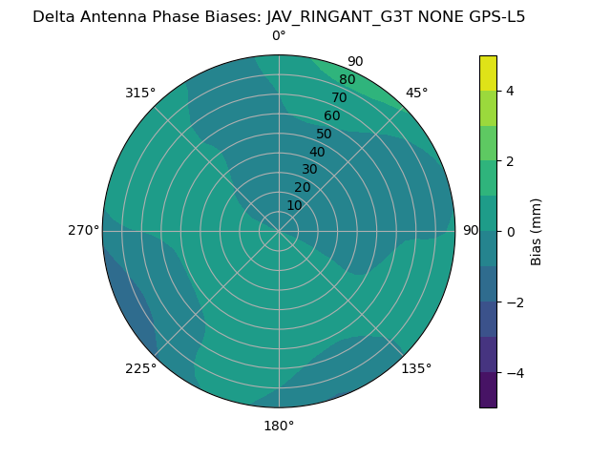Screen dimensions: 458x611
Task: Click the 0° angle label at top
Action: [279, 36]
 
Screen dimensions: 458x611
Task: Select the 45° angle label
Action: [416, 93]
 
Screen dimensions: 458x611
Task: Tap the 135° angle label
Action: [416, 368]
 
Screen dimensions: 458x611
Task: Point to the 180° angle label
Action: [279, 426]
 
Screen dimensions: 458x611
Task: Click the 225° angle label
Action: [140, 368]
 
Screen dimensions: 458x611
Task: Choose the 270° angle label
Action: [83, 230]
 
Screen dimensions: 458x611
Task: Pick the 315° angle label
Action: [140, 93]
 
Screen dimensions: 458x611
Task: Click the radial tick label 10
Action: [294, 205]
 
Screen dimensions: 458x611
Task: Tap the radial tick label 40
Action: [317, 152]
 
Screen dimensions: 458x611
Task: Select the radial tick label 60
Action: [332, 116]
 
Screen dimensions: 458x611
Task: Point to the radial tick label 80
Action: [348, 80]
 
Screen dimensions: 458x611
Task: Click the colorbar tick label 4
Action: [510, 91]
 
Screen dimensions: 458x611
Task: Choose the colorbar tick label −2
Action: [514, 302]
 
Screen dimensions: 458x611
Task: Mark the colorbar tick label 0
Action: [510, 232]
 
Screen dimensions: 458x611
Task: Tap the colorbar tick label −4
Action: [514, 373]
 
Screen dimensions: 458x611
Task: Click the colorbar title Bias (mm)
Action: [537, 232]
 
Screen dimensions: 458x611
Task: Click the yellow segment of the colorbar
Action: [488, 73]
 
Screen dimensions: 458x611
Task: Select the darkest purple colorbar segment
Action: [488, 390]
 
